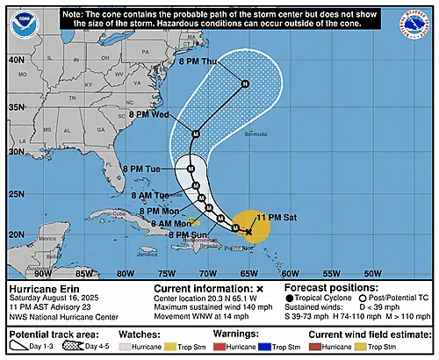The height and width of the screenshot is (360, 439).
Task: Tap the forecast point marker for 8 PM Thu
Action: tap(245, 83)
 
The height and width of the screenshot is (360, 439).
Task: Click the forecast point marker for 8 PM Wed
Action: tap(196, 133)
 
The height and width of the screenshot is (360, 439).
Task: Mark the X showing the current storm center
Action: tap(249, 232)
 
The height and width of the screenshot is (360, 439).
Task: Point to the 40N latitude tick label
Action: tap(16, 60)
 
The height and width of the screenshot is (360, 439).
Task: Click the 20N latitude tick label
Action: tap(16, 234)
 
